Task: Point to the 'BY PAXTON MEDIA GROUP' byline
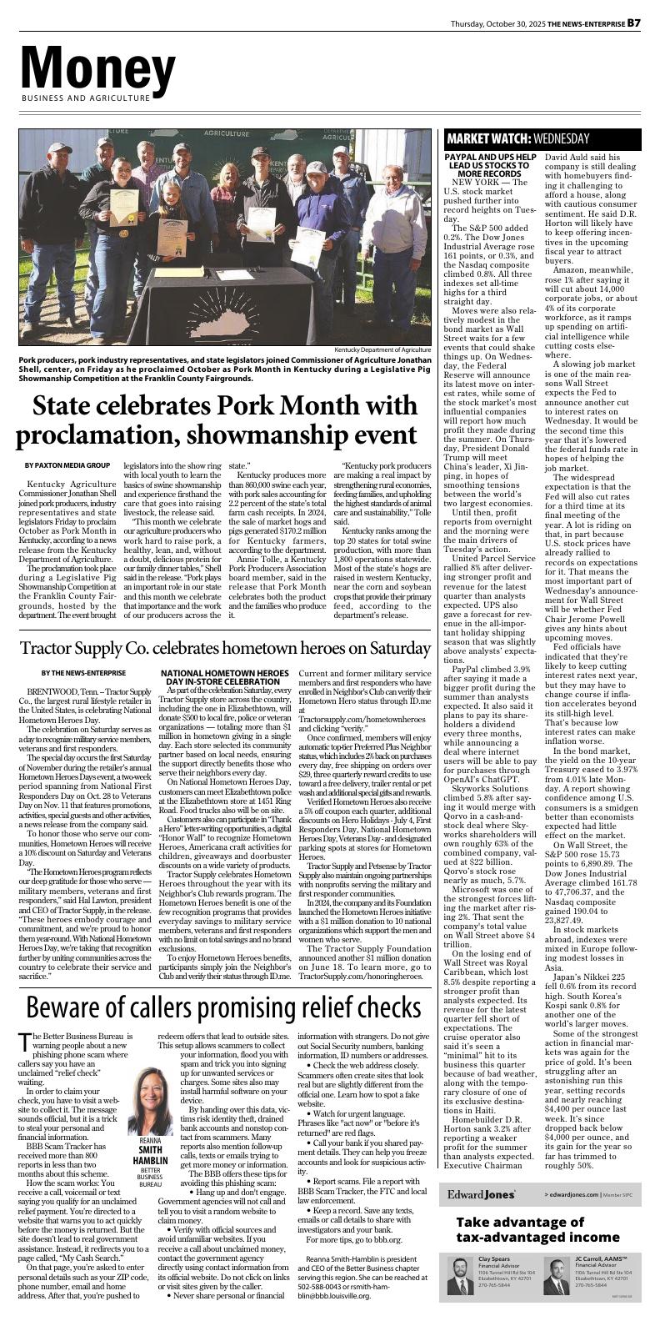click(67, 465)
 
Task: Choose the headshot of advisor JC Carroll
click(557, 1276)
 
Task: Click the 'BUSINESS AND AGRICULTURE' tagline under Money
click(85, 98)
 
